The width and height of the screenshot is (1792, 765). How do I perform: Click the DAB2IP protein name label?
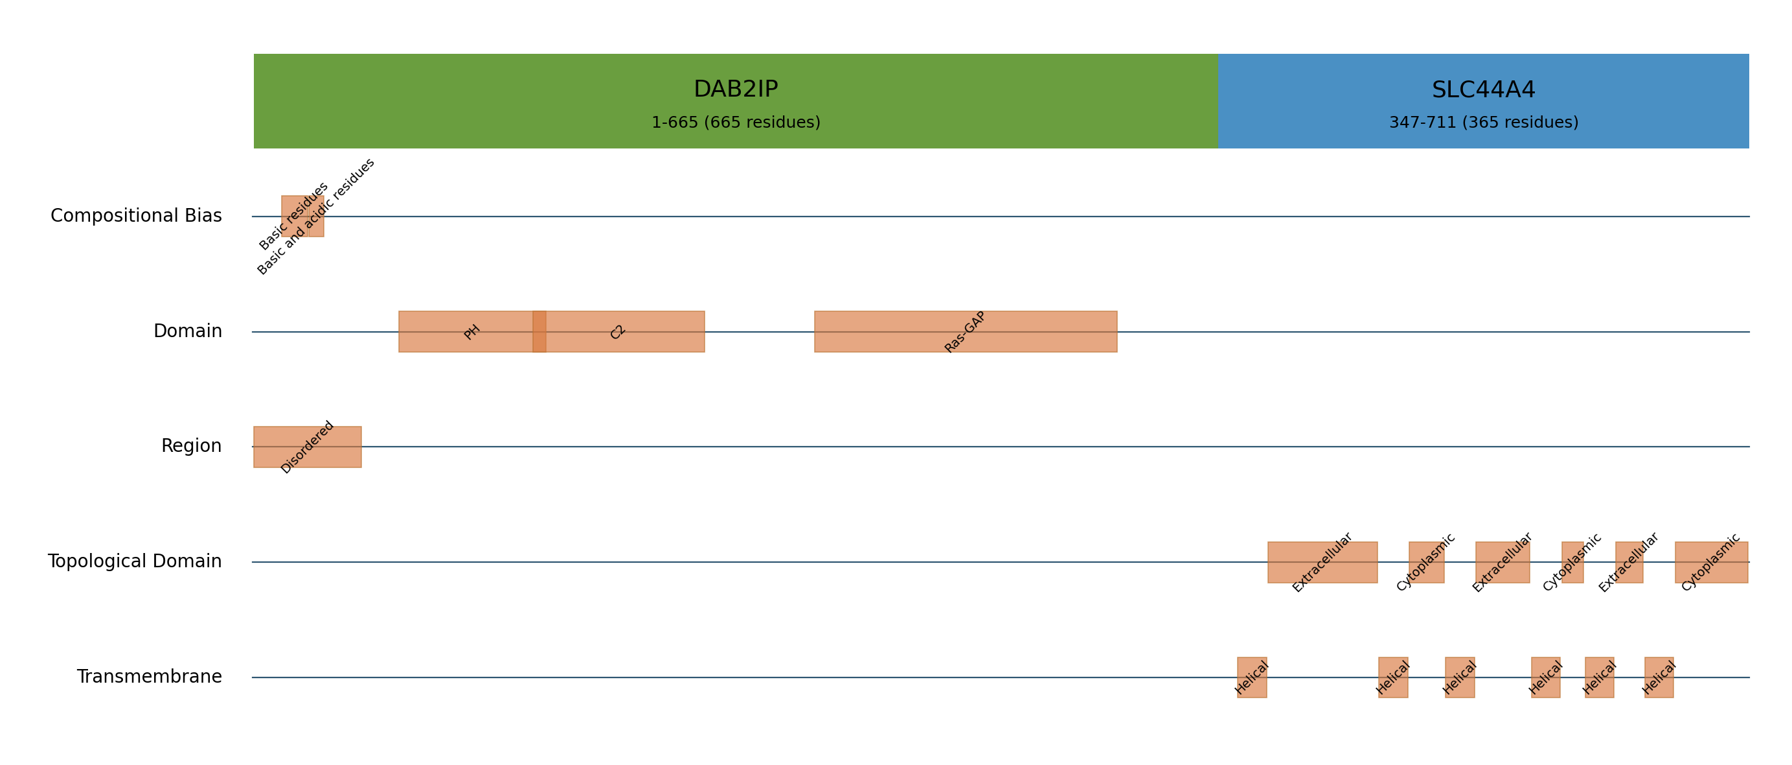tap(735, 89)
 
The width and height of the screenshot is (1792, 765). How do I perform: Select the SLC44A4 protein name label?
tap(1483, 90)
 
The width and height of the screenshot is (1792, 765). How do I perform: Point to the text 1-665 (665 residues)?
tap(735, 123)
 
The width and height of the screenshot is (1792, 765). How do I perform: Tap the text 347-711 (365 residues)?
tap(1483, 123)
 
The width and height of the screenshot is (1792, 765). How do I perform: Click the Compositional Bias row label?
tap(137, 216)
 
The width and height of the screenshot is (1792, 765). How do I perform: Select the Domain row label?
tap(188, 331)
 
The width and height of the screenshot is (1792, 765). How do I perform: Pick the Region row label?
tap(191, 446)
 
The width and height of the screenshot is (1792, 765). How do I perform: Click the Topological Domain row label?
tap(135, 561)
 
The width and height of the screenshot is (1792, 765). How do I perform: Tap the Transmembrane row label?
tap(150, 677)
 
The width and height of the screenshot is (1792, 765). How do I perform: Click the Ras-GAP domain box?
tap(966, 331)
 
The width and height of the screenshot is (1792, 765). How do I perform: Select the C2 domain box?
tap(618, 331)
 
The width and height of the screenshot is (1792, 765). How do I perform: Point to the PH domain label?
tap(472, 332)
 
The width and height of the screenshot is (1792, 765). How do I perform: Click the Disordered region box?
tap(308, 447)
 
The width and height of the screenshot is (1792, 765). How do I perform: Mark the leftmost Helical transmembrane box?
tap(1252, 677)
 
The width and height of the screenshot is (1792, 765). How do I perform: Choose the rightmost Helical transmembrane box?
tap(1659, 677)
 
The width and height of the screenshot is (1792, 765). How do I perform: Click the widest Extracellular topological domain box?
tap(1322, 563)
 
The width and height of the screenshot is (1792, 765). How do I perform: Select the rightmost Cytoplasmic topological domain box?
tap(1711, 563)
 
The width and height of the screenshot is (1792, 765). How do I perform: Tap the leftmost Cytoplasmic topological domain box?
tap(1427, 563)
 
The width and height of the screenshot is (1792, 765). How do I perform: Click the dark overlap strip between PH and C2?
tap(539, 331)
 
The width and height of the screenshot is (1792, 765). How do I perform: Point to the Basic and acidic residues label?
tap(317, 217)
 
